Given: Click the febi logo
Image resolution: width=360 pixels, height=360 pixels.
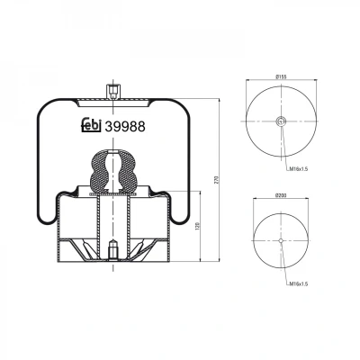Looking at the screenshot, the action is pyautogui.click(x=91, y=125).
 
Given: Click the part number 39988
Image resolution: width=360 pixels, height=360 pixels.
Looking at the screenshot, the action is pyautogui.click(x=125, y=127).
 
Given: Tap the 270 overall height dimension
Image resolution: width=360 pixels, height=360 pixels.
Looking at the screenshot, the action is pyautogui.click(x=218, y=179).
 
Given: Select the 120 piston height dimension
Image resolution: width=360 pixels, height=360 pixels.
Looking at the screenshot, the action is pyautogui.click(x=197, y=226).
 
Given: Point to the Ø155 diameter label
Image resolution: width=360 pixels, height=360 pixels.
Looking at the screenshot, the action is pyautogui.click(x=281, y=76).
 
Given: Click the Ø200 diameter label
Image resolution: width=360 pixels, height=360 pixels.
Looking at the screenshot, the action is pyautogui.click(x=281, y=195).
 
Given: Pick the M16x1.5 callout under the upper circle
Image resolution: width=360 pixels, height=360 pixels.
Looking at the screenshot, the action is pyautogui.click(x=299, y=169).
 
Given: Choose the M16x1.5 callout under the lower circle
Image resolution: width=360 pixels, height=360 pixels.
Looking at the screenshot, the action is pyautogui.click(x=299, y=283).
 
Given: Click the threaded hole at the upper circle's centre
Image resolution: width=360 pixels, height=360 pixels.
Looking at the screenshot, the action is pyautogui.click(x=281, y=121).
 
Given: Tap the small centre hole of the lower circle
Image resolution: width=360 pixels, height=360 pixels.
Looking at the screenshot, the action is pyautogui.click(x=281, y=240).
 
